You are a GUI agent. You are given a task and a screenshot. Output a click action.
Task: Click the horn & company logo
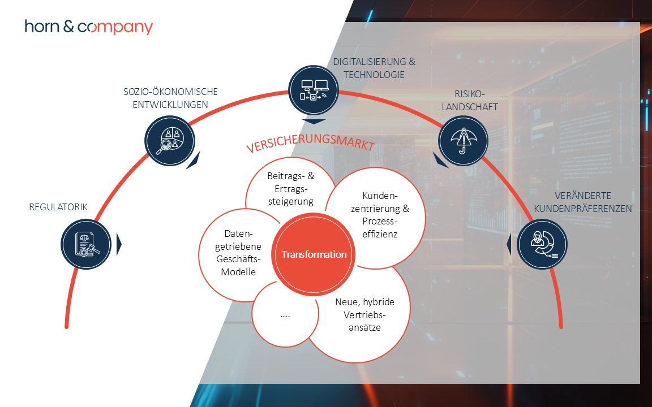pyautogui.click(x=88, y=27)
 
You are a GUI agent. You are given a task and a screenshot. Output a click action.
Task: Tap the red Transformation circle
pyautogui.click(x=314, y=255)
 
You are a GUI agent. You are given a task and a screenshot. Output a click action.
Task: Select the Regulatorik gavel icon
pyautogui.click(x=85, y=244)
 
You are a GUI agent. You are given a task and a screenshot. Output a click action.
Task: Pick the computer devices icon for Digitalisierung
pyautogui.click(x=313, y=90)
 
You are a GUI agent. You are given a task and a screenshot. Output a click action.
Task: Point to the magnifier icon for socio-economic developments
pyautogui.click(x=169, y=140)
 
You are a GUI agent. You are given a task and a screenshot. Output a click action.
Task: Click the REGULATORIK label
pyautogui.click(x=58, y=207)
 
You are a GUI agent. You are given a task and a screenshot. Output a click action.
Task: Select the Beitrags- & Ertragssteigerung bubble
pyautogui.click(x=290, y=188)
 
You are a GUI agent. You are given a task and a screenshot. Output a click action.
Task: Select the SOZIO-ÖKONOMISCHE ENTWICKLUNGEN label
pyautogui.click(x=170, y=98)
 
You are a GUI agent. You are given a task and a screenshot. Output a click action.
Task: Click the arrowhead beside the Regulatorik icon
pyautogui.click(x=119, y=244)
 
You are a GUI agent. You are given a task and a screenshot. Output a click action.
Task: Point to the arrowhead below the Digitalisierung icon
pyautogui.click(x=314, y=121)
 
